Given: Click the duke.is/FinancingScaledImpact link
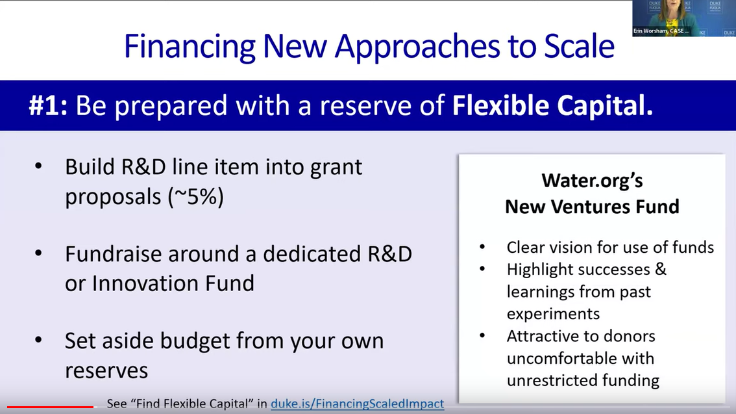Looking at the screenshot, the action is (x=357, y=404).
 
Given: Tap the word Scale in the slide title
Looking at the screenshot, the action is (x=579, y=46).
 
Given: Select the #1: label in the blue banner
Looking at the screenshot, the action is (x=48, y=105).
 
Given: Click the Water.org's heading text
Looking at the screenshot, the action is (x=592, y=181).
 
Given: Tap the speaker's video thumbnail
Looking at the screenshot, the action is (x=684, y=18).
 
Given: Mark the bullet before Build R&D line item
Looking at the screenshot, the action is (x=38, y=166).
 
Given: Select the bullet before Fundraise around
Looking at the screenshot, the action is (x=38, y=253).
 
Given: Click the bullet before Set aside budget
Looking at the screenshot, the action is (x=38, y=340).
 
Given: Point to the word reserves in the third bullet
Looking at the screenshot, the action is (x=106, y=370).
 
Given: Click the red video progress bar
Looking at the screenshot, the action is (x=50, y=407).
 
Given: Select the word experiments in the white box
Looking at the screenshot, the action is (x=554, y=314).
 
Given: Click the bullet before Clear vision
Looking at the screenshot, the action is (x=482, y=247).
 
